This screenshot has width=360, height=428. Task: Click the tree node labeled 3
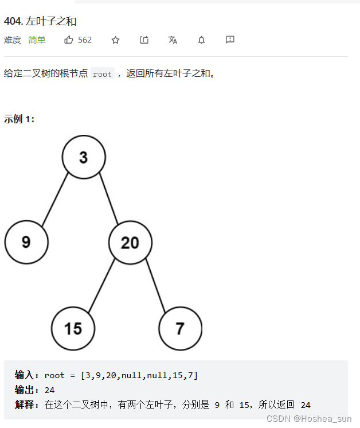click(x=84, y=157)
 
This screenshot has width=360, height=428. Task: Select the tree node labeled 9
click(x=26, y=242)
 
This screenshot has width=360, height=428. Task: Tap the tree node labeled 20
click(x=130, y=242)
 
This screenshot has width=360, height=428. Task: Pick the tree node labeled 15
click(x=73, y=328)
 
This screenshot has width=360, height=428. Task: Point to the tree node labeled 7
click(x=180, y=328)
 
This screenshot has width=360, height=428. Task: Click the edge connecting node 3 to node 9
click(x=55, y=199)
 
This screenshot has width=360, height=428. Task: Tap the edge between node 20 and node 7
click(x=155, y=285)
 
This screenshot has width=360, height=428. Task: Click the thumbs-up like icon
click(x=69, y=40)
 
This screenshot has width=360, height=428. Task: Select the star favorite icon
click(x=115, y=40)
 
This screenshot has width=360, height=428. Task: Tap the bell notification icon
click(x=201, y=40)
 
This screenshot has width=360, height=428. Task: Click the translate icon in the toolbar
click(x=173, y=40)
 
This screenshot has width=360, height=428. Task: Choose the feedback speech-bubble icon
click(x=230, y=40)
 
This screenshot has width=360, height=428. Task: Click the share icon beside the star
click(x=144, y=40)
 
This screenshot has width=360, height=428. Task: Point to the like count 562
click(x=85, y=40)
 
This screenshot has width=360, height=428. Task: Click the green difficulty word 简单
click(x=37, y=40)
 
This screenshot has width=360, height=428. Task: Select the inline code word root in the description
click(x=102, y=74)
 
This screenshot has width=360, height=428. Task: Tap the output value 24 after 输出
click(x=49, y=390)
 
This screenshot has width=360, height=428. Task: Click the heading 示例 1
click(x=19, y=119)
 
